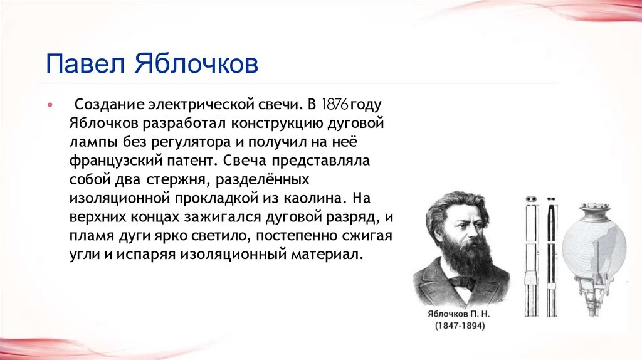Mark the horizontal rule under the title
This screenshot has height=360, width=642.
(301, 83)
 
